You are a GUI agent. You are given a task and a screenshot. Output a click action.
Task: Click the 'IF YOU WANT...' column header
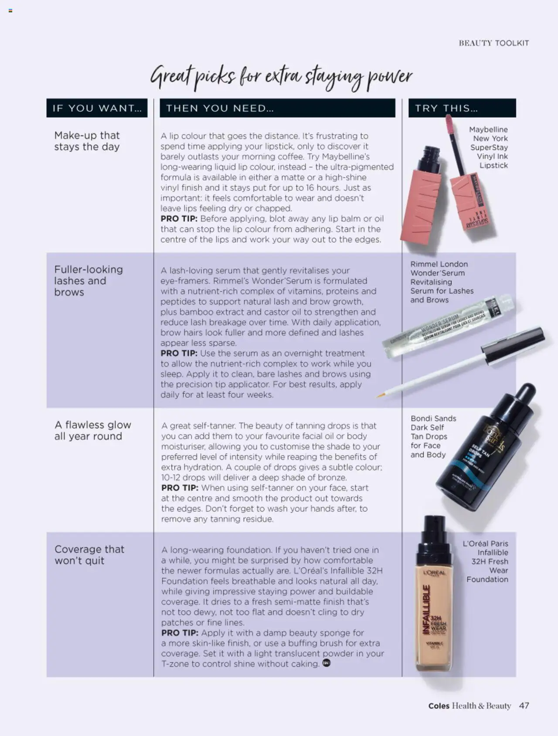click(97, 108)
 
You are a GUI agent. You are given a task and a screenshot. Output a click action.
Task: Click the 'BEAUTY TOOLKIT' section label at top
click(493, 43)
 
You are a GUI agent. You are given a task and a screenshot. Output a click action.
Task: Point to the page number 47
click(524, 705)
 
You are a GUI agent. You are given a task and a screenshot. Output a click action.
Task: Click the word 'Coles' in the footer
click(439, 706)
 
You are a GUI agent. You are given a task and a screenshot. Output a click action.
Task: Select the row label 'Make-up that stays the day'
click(87, 141)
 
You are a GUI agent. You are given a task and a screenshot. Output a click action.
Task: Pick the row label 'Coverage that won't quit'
click(89, 555)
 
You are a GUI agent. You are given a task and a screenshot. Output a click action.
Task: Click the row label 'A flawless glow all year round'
click(92, 430)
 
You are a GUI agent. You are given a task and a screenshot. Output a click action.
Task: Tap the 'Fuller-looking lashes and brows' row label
click(88, 281)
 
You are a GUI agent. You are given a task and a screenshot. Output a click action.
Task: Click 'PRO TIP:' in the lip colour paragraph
click(179, 219)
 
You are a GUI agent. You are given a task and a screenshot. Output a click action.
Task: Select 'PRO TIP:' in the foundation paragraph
click(180, 633)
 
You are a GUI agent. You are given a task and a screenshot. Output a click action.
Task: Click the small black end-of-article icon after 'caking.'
click(327, 663)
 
